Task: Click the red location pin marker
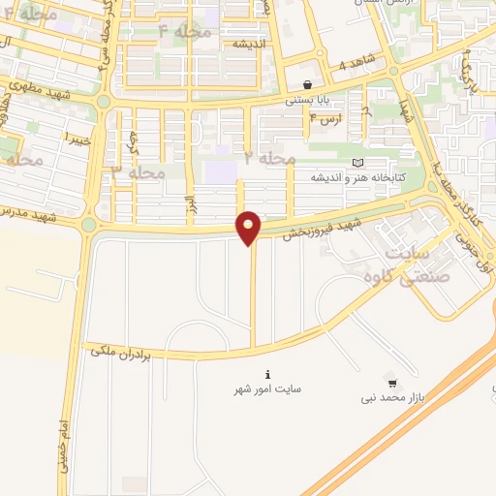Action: point(249,228)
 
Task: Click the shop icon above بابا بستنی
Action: point(307,84)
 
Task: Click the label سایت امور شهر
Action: point(266,388)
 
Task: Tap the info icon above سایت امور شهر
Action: point(267,374)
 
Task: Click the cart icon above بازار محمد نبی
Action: point(390,382)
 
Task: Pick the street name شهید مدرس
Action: point(26,213)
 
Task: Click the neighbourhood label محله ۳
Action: point(138,172)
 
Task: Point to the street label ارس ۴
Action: point(325,118)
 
